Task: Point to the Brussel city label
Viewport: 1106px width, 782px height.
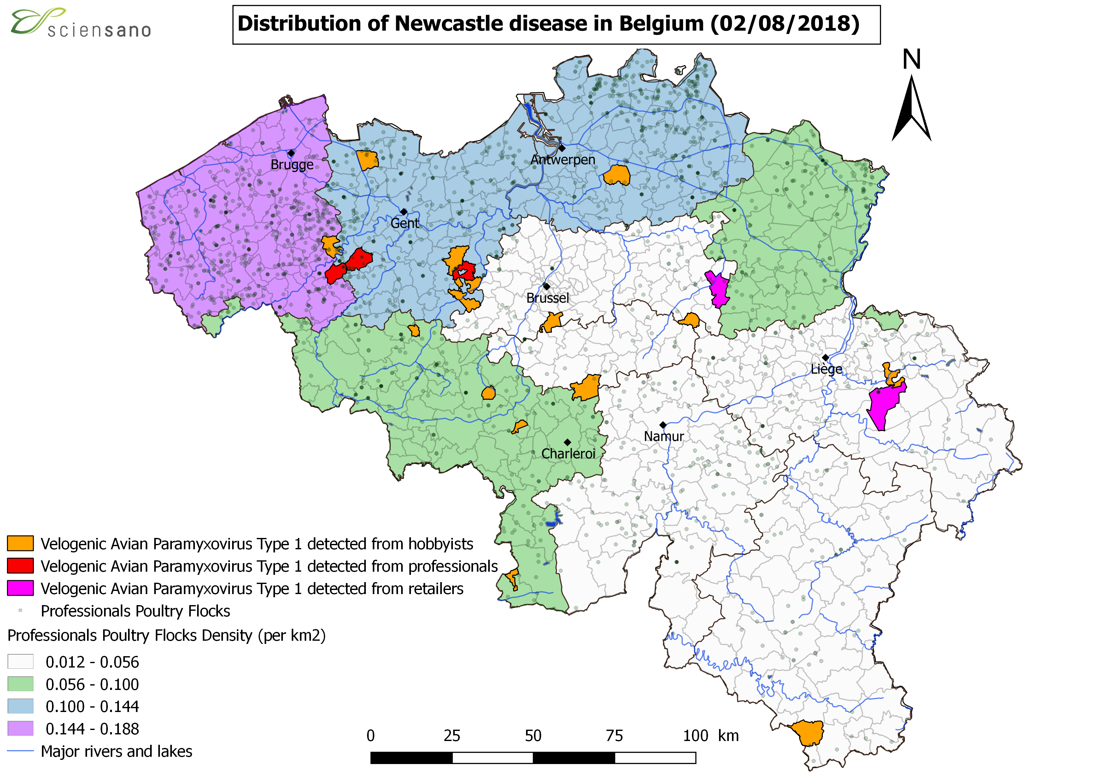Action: click(548, 298)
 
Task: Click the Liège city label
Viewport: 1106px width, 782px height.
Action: click(826, 369)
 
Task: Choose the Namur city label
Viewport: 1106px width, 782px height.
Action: click(664, 436)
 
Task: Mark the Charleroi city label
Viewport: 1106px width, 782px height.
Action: click(568, 454)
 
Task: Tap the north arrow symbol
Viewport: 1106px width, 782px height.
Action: click(911, 108)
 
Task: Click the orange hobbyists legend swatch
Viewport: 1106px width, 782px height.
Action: click(20, 543)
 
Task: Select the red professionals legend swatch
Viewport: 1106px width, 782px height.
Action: click(20, 566)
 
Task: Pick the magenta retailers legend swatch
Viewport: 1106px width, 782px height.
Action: click(20, 588)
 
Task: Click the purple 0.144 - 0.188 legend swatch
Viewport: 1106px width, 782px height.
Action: click(20, 728)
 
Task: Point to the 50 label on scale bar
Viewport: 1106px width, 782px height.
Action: click(533, 736)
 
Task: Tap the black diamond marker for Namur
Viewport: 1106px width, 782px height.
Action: click(663, 425)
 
